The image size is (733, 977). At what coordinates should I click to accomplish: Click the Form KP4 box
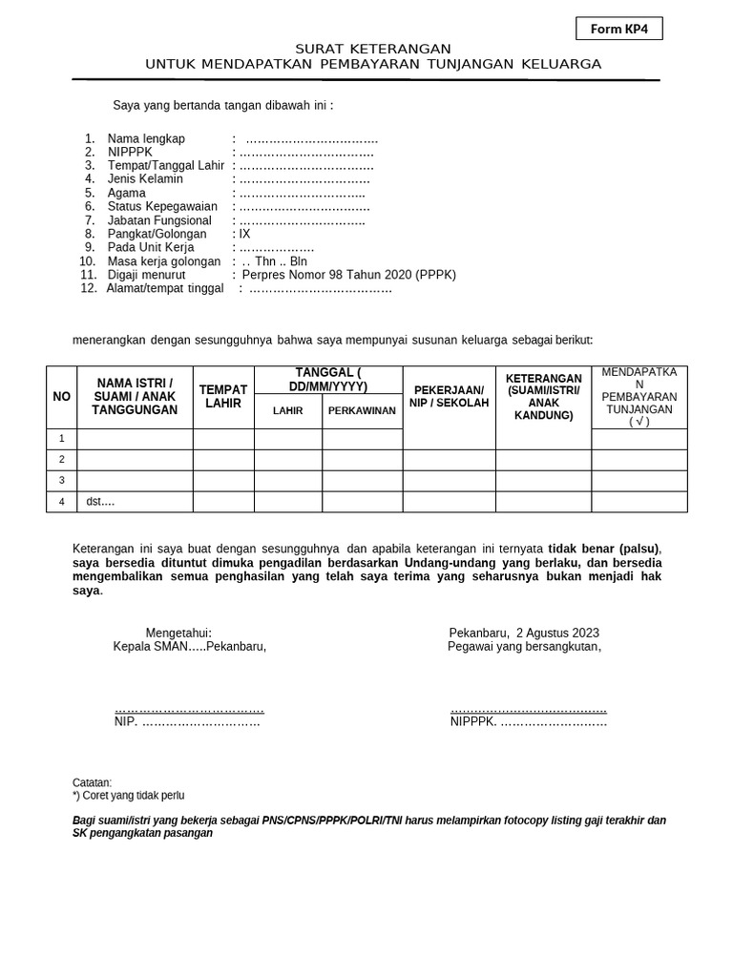pyautogui.click(x=618, y=30)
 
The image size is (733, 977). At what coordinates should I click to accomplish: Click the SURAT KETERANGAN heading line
pyautogui.click(x=373, y=49)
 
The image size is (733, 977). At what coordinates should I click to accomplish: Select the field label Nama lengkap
pyautogui.click(x=146, y=138)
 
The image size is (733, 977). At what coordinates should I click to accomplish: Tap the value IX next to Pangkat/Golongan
pyautogui.click(x=244, y=234)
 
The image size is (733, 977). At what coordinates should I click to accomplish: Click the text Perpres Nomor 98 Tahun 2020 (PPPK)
pyautogui.click(x=349, y=275)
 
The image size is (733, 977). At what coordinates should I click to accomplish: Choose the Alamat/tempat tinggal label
pyautogui.click(x=165, y=288)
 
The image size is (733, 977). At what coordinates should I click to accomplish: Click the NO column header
pyautogui.click(x=62, y=397)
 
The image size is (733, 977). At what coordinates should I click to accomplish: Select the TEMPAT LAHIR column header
pyautogui.click(x=223, y=397)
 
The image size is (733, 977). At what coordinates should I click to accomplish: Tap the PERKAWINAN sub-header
pyautogui.click(x=362, y=411)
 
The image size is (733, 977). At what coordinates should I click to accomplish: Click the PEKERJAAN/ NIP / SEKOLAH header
pyautogui.click(x=449, y=397)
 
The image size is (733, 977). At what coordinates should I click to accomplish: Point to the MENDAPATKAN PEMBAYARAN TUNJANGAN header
pyautogui.click(x=639, y=397)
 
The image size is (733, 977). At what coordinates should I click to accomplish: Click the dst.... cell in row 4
pyautogui.click(x=100, y=502)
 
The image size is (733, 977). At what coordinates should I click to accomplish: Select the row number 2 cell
pyautogui.click(x=62, y=460)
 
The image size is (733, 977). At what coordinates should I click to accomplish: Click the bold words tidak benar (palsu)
pyautogui.click(x=603, y=549)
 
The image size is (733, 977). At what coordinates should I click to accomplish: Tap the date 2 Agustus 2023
pyautogui.click(x=558, y=633)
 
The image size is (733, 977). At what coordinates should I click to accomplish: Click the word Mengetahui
pyautogui.click(x=178, y=633)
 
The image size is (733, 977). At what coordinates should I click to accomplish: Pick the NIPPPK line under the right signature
pyautogui.click(x=529, y=722)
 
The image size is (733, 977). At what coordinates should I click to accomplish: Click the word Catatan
pyautogui.click(x=92, y=782)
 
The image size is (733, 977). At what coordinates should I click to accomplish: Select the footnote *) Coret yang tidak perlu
pyautogui.click(x=128, y=795)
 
